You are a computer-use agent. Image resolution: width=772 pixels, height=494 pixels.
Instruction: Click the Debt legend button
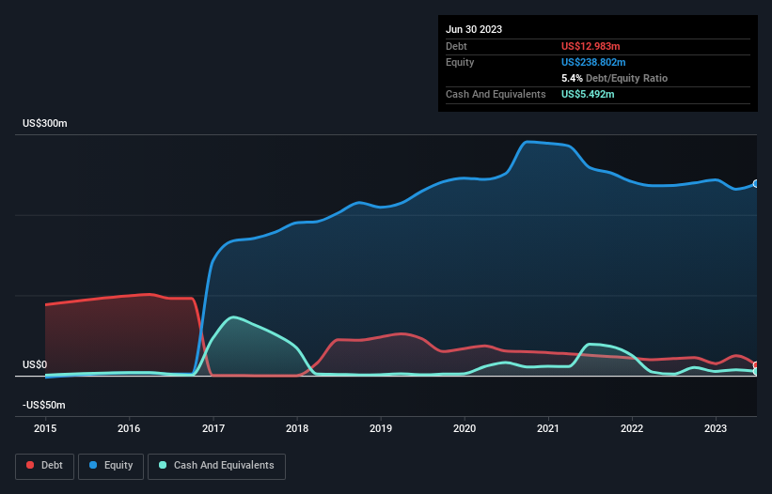click(43, 466)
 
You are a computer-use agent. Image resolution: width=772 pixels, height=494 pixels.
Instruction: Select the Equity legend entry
click(110, 466)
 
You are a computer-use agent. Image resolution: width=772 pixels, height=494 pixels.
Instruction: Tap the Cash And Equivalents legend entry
click(216, 466)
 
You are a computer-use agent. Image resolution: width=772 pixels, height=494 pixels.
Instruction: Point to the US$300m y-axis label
click(45, 124)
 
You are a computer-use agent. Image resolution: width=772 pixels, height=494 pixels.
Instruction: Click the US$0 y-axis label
click(35, 364)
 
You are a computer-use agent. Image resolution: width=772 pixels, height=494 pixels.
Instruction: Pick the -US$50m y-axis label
click(43, 405)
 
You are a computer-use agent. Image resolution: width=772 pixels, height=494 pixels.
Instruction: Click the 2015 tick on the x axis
click(45, 429)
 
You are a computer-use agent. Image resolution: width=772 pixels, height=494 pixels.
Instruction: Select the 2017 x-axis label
click(213, 429)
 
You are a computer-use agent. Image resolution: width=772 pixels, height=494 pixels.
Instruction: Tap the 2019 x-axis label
click(381, 429)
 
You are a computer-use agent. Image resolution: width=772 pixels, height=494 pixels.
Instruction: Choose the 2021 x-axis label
click(548, 429)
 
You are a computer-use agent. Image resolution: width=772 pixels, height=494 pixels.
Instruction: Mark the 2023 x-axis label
click(716, 429)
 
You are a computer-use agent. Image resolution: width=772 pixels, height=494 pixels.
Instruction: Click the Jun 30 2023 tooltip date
click(474, 29)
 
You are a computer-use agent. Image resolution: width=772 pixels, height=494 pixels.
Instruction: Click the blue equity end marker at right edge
click(756, 184)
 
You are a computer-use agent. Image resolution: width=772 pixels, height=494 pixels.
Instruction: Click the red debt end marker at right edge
click(756, 365)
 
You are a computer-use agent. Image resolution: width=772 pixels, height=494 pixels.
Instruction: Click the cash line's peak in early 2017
click(232, 317)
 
